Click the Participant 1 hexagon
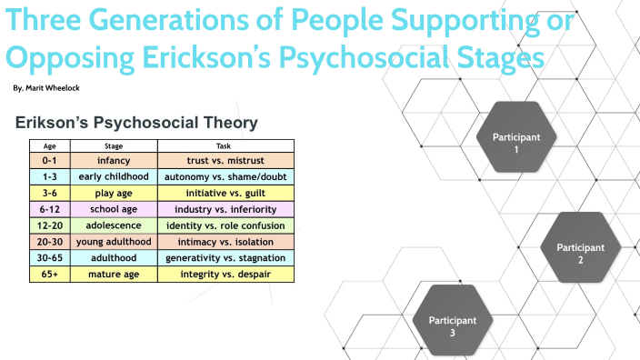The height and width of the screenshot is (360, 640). click(x=515, y=143)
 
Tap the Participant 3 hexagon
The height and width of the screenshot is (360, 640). click(x=452, y=325)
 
